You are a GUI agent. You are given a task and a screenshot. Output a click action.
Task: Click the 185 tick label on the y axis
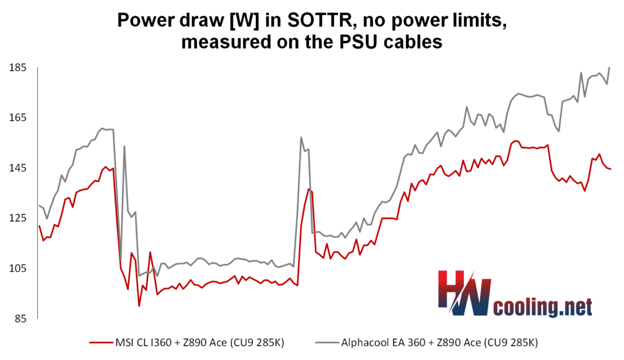pos(18,68)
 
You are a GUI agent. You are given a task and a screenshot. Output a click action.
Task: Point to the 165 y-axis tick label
pos(18,118)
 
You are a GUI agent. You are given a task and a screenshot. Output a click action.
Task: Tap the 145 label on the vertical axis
pos(18,168)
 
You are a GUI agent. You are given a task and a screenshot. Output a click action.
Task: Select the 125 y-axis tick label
pos(18,218)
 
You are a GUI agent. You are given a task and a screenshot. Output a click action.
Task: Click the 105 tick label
pos(18,269)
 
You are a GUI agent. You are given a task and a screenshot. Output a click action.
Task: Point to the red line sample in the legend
pos(101,342)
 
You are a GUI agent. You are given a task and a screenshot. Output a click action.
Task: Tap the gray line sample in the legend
pos(327,342)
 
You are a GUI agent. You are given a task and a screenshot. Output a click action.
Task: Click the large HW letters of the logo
pos(464,293)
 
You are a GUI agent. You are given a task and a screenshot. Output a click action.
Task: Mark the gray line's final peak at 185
pos(609,68)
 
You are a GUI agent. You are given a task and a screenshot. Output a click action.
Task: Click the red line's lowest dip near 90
pos(139,306)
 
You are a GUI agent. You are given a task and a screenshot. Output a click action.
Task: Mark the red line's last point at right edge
pos(610,169)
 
